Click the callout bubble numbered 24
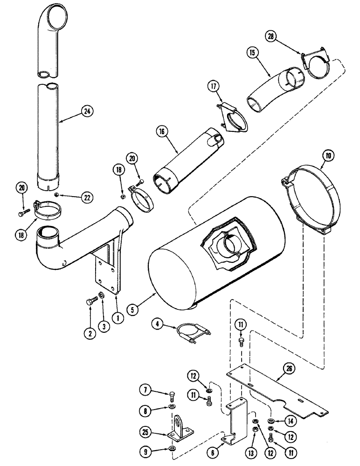(86, 111)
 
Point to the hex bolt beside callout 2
(90, 302)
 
